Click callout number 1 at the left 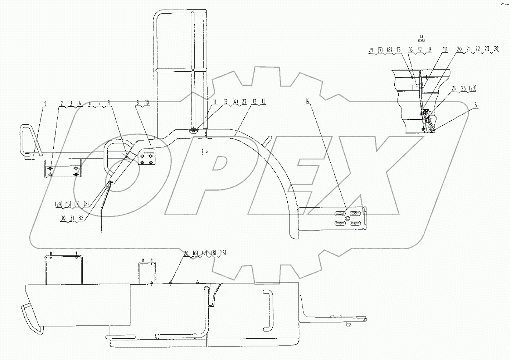(x=45, y=104)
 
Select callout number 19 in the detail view (x=445, y=49)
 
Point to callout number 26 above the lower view (x=186, y=253)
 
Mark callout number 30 (x=63, y=218)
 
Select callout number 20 (x=459, y=49)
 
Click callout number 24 (x=454, y=89)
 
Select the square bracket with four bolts (x=147, y=160)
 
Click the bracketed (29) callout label (x=59, y=204)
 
